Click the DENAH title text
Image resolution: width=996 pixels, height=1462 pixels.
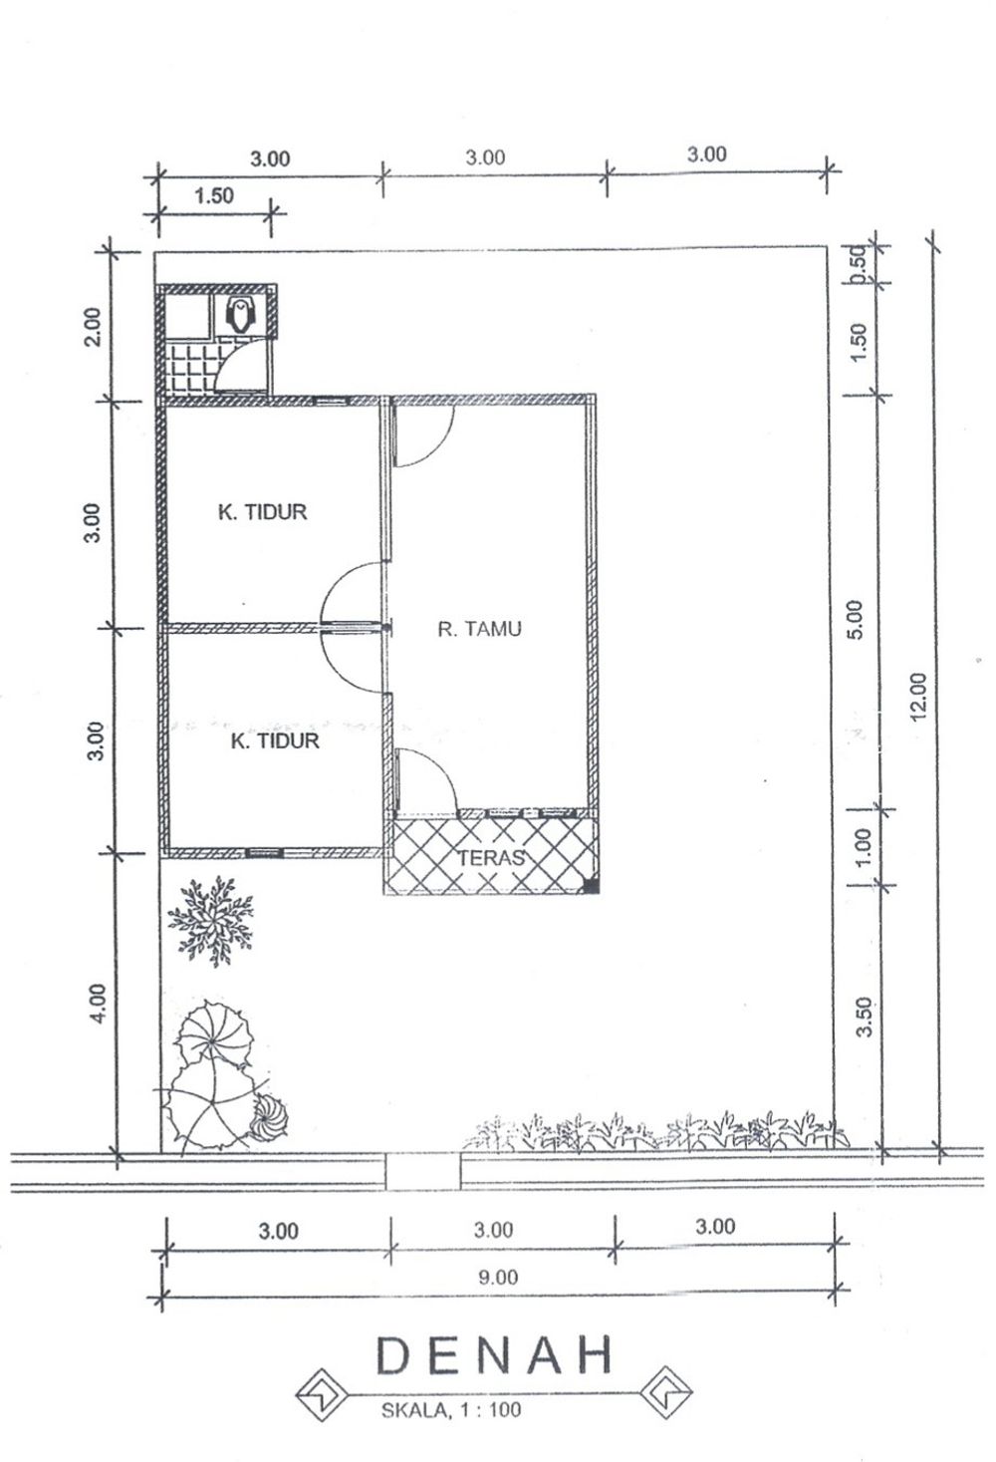point(494,1355)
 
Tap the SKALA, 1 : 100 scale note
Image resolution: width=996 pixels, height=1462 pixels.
point(451,1410)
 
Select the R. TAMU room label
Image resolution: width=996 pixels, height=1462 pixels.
point(479,629)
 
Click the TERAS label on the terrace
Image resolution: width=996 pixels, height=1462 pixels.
point(490,858)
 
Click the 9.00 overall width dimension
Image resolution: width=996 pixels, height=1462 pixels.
point(498,1277)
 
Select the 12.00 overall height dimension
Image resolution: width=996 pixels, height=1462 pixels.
point(918,696)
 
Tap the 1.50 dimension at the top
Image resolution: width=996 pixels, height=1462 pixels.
point(214,195)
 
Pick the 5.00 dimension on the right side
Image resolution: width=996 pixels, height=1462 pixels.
point(856,620)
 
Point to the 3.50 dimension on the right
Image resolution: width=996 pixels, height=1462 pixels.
point(865,1017)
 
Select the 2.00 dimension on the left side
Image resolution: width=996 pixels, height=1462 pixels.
point(94,326)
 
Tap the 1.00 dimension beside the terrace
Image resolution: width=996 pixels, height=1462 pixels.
point(863,847)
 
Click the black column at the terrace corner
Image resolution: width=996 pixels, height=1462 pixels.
point(591,886)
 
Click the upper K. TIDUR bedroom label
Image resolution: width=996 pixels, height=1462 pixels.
point(262,511)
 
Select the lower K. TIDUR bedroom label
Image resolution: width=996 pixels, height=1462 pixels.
point(275,740)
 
